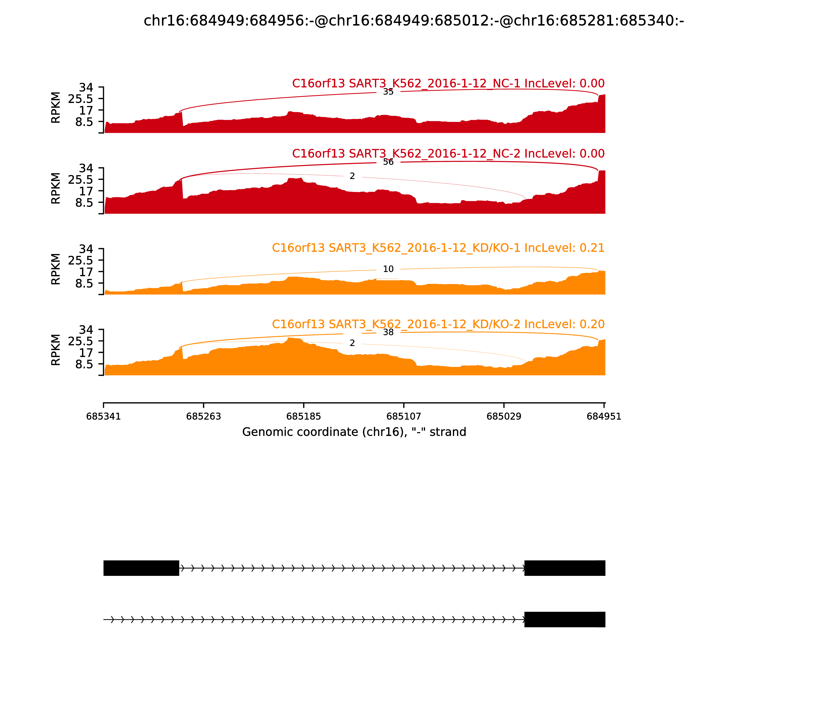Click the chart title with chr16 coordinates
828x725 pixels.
click(x=413, y=21)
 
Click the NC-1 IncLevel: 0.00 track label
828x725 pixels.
click(x=448, y=84)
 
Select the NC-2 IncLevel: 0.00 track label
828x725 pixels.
click(x=448, y=154)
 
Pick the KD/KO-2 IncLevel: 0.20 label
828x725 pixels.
click(x=438, y=324)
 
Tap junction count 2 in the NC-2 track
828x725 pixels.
click(x=352, y=176)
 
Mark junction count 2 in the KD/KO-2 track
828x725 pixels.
click(x=352, y=343)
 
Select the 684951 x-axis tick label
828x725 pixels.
click(x=604, y=417)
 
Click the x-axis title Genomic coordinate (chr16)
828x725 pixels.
click(x=354, y=432)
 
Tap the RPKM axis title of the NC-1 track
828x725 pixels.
click(x=56, y=108)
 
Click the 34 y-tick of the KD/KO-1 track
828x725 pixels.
click(x=86, y=249)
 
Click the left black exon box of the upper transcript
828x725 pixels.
click(x=141, y=568)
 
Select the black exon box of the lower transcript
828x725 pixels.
click(x=564, y=619)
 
